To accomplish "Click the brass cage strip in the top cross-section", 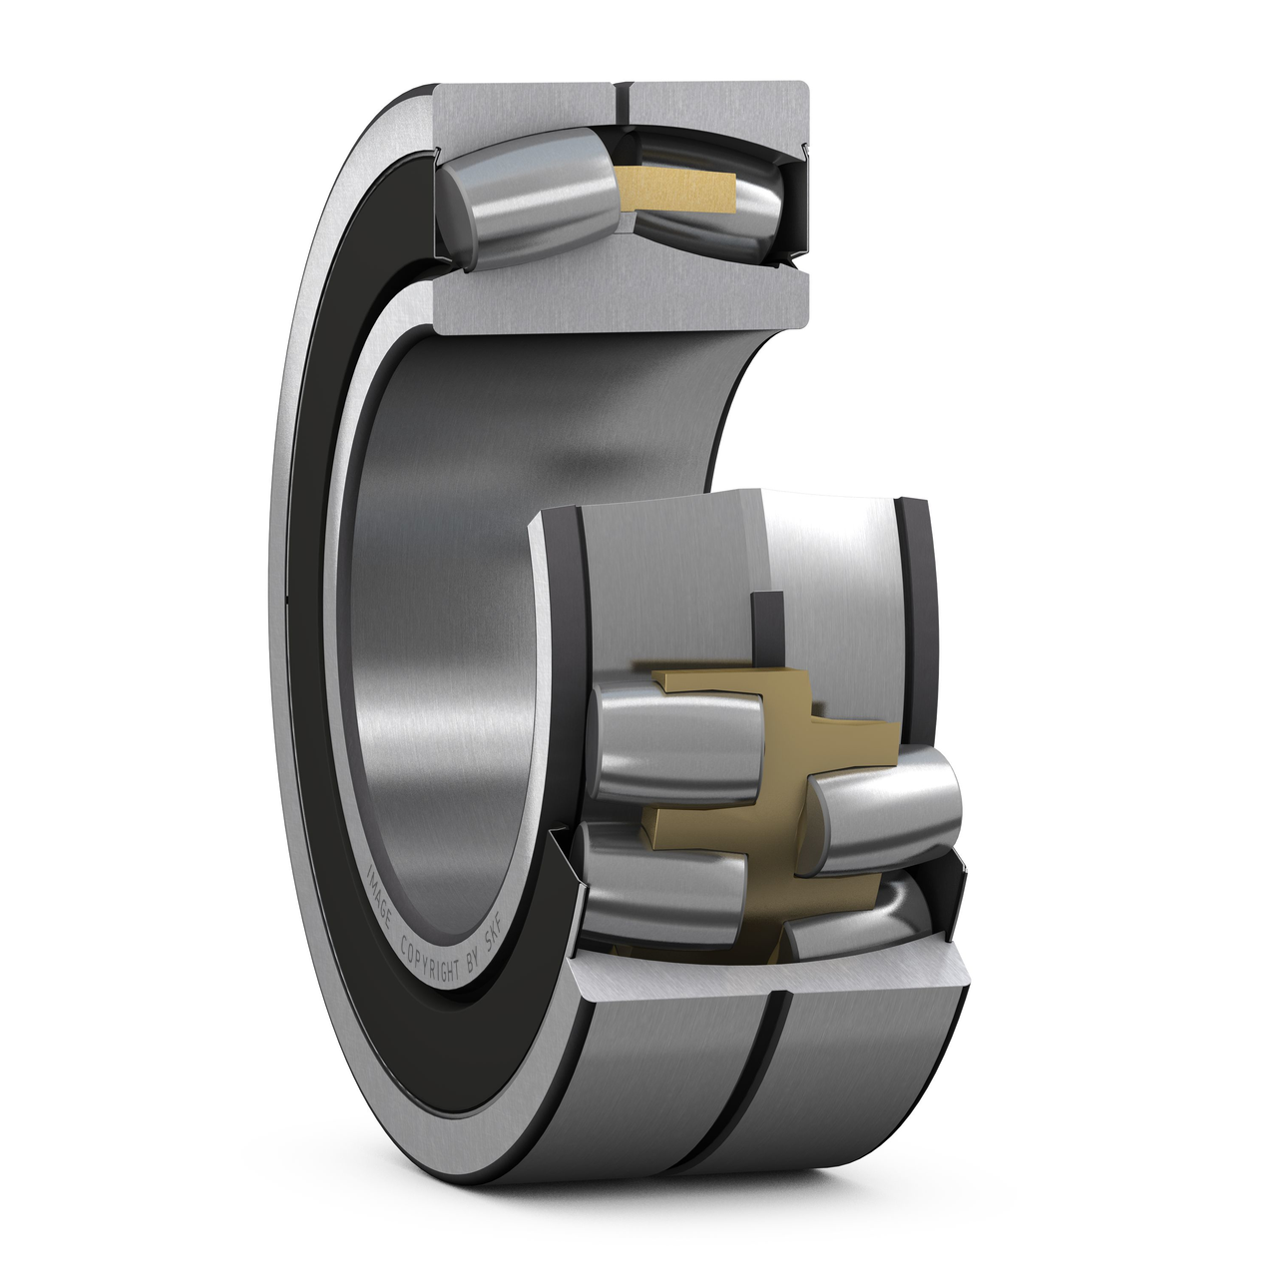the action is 673,190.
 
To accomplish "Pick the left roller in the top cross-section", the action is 526,199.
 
